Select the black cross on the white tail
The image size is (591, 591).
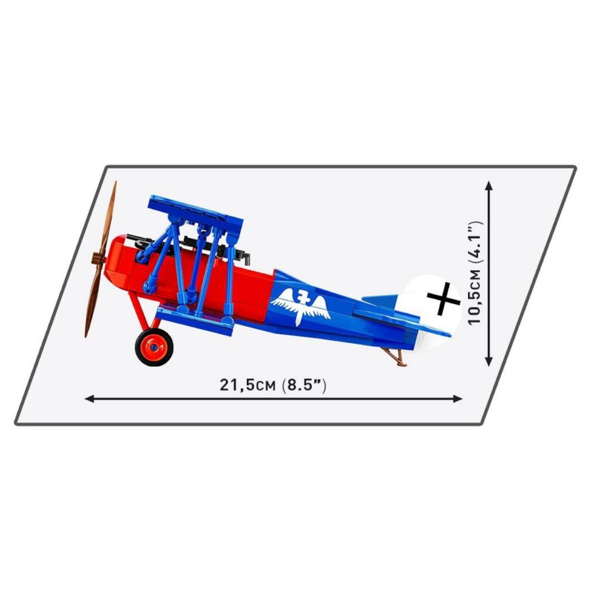(443, 299)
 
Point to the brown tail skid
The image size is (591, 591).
(393, 356)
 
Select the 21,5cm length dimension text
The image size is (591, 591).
(249, 385)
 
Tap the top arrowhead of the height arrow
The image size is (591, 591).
(489, 187)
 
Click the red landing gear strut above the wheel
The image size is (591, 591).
(139, 309)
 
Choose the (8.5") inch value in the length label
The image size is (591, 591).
(303, 385)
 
